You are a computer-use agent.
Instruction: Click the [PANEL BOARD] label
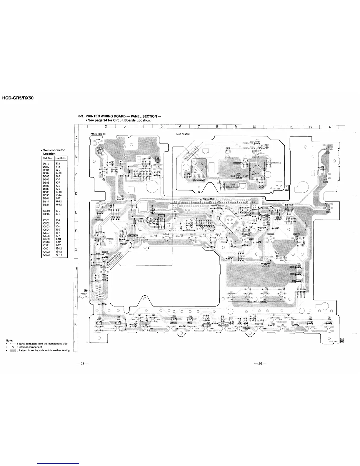tap(97, 134)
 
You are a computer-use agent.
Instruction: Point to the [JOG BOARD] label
tap(183, 134)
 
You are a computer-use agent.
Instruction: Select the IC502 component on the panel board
tap(161, 220)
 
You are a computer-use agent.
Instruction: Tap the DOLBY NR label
tap(259, 324)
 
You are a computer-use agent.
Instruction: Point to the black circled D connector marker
tap(86, 290)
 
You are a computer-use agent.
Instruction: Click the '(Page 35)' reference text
tap(81, 297)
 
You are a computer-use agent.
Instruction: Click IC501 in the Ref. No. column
tap(46, 211)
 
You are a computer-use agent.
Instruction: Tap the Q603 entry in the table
tap(46, 255)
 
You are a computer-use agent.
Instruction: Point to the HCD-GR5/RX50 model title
tap(18, 98)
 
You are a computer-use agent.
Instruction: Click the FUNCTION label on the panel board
tap(110, 239)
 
